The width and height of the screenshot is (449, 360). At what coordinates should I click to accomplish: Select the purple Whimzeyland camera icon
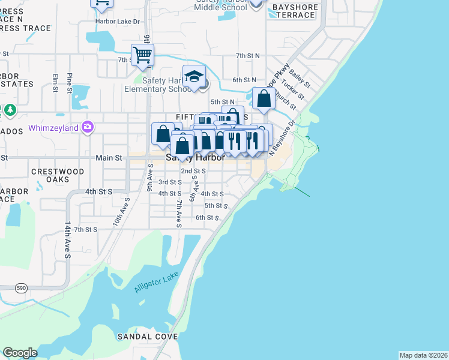click(88, 127)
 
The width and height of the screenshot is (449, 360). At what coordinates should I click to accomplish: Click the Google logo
click(20, 352)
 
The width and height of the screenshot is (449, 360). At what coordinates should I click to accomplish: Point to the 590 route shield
click(4, 289)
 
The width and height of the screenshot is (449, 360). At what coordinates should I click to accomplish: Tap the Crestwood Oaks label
click(58, 175)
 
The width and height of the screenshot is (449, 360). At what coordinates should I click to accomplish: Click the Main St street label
click(109, 158)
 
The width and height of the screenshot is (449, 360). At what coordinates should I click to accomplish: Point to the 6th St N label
click(244, 79)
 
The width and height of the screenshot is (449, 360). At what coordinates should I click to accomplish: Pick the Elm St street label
click(55, 82)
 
